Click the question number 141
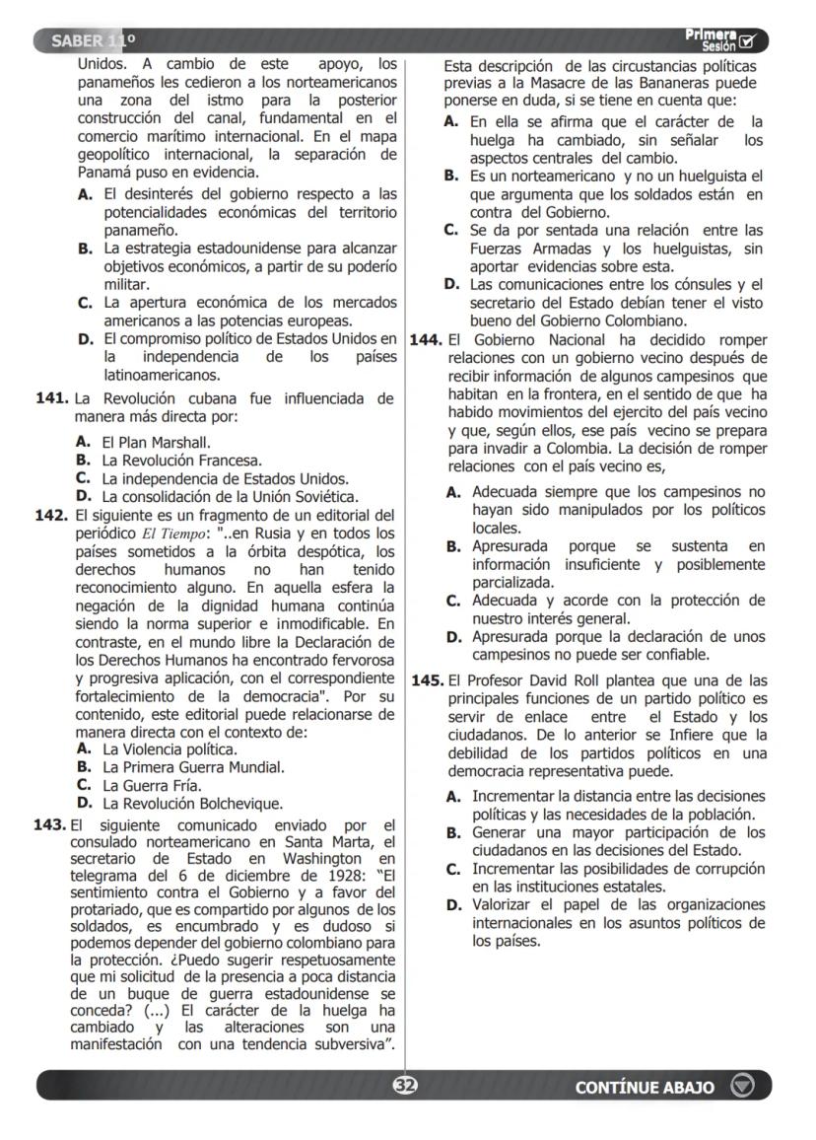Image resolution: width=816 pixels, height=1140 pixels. point(51,398)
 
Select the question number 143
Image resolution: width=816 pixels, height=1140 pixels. point(51,824)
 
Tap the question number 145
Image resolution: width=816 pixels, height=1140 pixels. point(426,680)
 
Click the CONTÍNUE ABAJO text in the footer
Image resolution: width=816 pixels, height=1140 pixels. point(645,1087)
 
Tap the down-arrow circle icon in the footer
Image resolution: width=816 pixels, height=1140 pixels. point(742,1086)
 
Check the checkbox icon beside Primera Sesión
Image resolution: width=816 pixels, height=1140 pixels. point(757,41)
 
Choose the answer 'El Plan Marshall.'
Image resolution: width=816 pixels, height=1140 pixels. point(157,443)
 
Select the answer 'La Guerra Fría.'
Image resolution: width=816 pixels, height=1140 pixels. point(152,785)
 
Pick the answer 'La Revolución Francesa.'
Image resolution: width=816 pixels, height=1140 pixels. point(182,461)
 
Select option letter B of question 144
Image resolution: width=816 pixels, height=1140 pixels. point(452,546)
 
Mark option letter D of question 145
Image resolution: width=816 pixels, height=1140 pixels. point(452,904)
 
